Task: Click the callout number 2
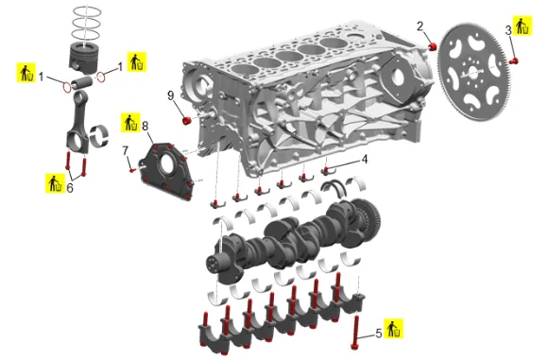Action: point(420,26)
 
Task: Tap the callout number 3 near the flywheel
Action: point(508,30)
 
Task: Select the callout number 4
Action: point(365,160)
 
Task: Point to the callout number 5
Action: point(379,334)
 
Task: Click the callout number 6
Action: point(70,188)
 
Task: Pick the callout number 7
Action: point(125,150)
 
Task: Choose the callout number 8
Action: point(146,126)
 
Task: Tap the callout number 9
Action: point(171,95)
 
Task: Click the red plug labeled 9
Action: point(187,121)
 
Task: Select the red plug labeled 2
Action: point(433,46)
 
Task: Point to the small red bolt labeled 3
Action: point(513,61)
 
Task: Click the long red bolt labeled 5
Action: point(356,332)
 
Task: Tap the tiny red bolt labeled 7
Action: point(132,170)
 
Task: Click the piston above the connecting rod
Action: point(83,59)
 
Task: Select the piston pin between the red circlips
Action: point(82,83)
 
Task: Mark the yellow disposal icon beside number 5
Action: point(394,329)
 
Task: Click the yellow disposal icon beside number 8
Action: point(130,123)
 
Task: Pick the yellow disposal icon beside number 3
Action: point(522,26)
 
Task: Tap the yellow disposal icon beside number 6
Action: point(55,183)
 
